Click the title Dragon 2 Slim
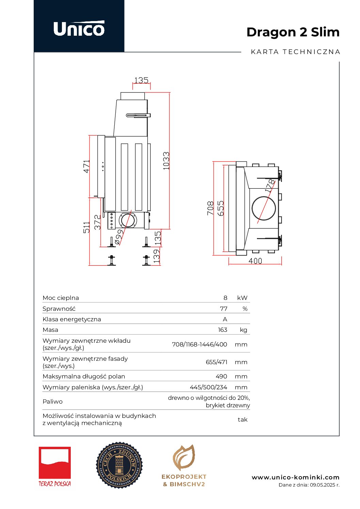coord(293,32)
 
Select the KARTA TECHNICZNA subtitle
coord(295,52)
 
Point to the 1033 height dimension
coord(166,160)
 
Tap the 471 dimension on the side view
coord(86,166)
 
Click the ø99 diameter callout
coord(118,237)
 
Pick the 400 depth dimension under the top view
coord(255,261)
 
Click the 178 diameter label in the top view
coord(270,186)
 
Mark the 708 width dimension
coord(210,208)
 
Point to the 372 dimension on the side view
coord(98,222)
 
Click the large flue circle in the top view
coord(264,208)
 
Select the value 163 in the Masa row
coord(223,330)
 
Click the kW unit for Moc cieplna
coord(242,298)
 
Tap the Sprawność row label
coord(59,309)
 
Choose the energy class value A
coord(225,319)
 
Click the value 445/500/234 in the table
coord(208,387)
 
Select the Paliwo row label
coord(52,402)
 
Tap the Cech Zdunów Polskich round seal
coord(119,465)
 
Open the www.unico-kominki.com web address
coord(295,477)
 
